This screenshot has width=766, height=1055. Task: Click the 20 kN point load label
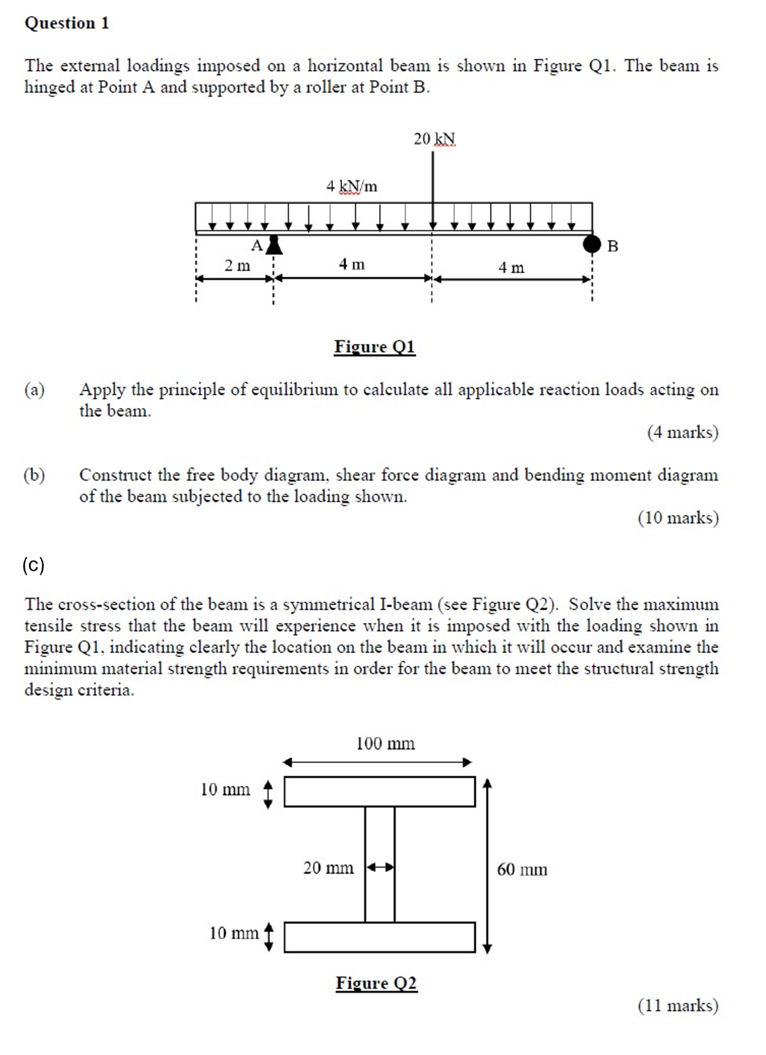pyautogui.click(x=434, y=139)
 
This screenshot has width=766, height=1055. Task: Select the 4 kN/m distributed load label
pyautogui.click(x=351, y=186)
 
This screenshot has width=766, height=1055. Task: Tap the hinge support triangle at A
pyautogui.click(x=273, y=245)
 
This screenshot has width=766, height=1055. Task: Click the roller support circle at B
pyautogui.click(x=591, y=243)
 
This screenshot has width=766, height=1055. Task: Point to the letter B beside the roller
pyautogui.click(x=612, y=247)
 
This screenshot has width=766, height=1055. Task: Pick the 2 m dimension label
pyautogui.click(x=237, y=266)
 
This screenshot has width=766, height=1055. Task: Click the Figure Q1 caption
pyautogui.click(x=374, y=347)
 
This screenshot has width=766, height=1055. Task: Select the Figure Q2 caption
pyautogui.click(x=376, y=983)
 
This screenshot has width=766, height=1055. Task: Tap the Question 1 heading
pyautogui.click(x=67, y=24)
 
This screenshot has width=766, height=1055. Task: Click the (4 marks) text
pyautogui.click(x=682, y=432)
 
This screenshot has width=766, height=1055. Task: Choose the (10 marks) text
pyautogui.click(x=677, y=518)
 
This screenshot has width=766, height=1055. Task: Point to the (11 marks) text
pyautogui.click(x=677, y=1005)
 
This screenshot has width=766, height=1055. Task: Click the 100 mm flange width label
pyautogui.click(x=385, y=744)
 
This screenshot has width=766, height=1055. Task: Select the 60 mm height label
pyautogui.click(x=522, y=870)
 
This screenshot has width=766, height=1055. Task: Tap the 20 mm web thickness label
pyautogui.click(x=328, y=868)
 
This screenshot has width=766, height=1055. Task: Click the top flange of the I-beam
pyautogui.click(x=380, y=792)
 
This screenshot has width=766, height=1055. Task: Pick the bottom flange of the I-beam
pyautogui.click(x=380, y=937)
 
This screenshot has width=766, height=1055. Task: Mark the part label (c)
pyautogui.click(x=34, y=564)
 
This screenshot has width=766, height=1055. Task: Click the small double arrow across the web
pyautogui.click(x=380, y=868)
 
